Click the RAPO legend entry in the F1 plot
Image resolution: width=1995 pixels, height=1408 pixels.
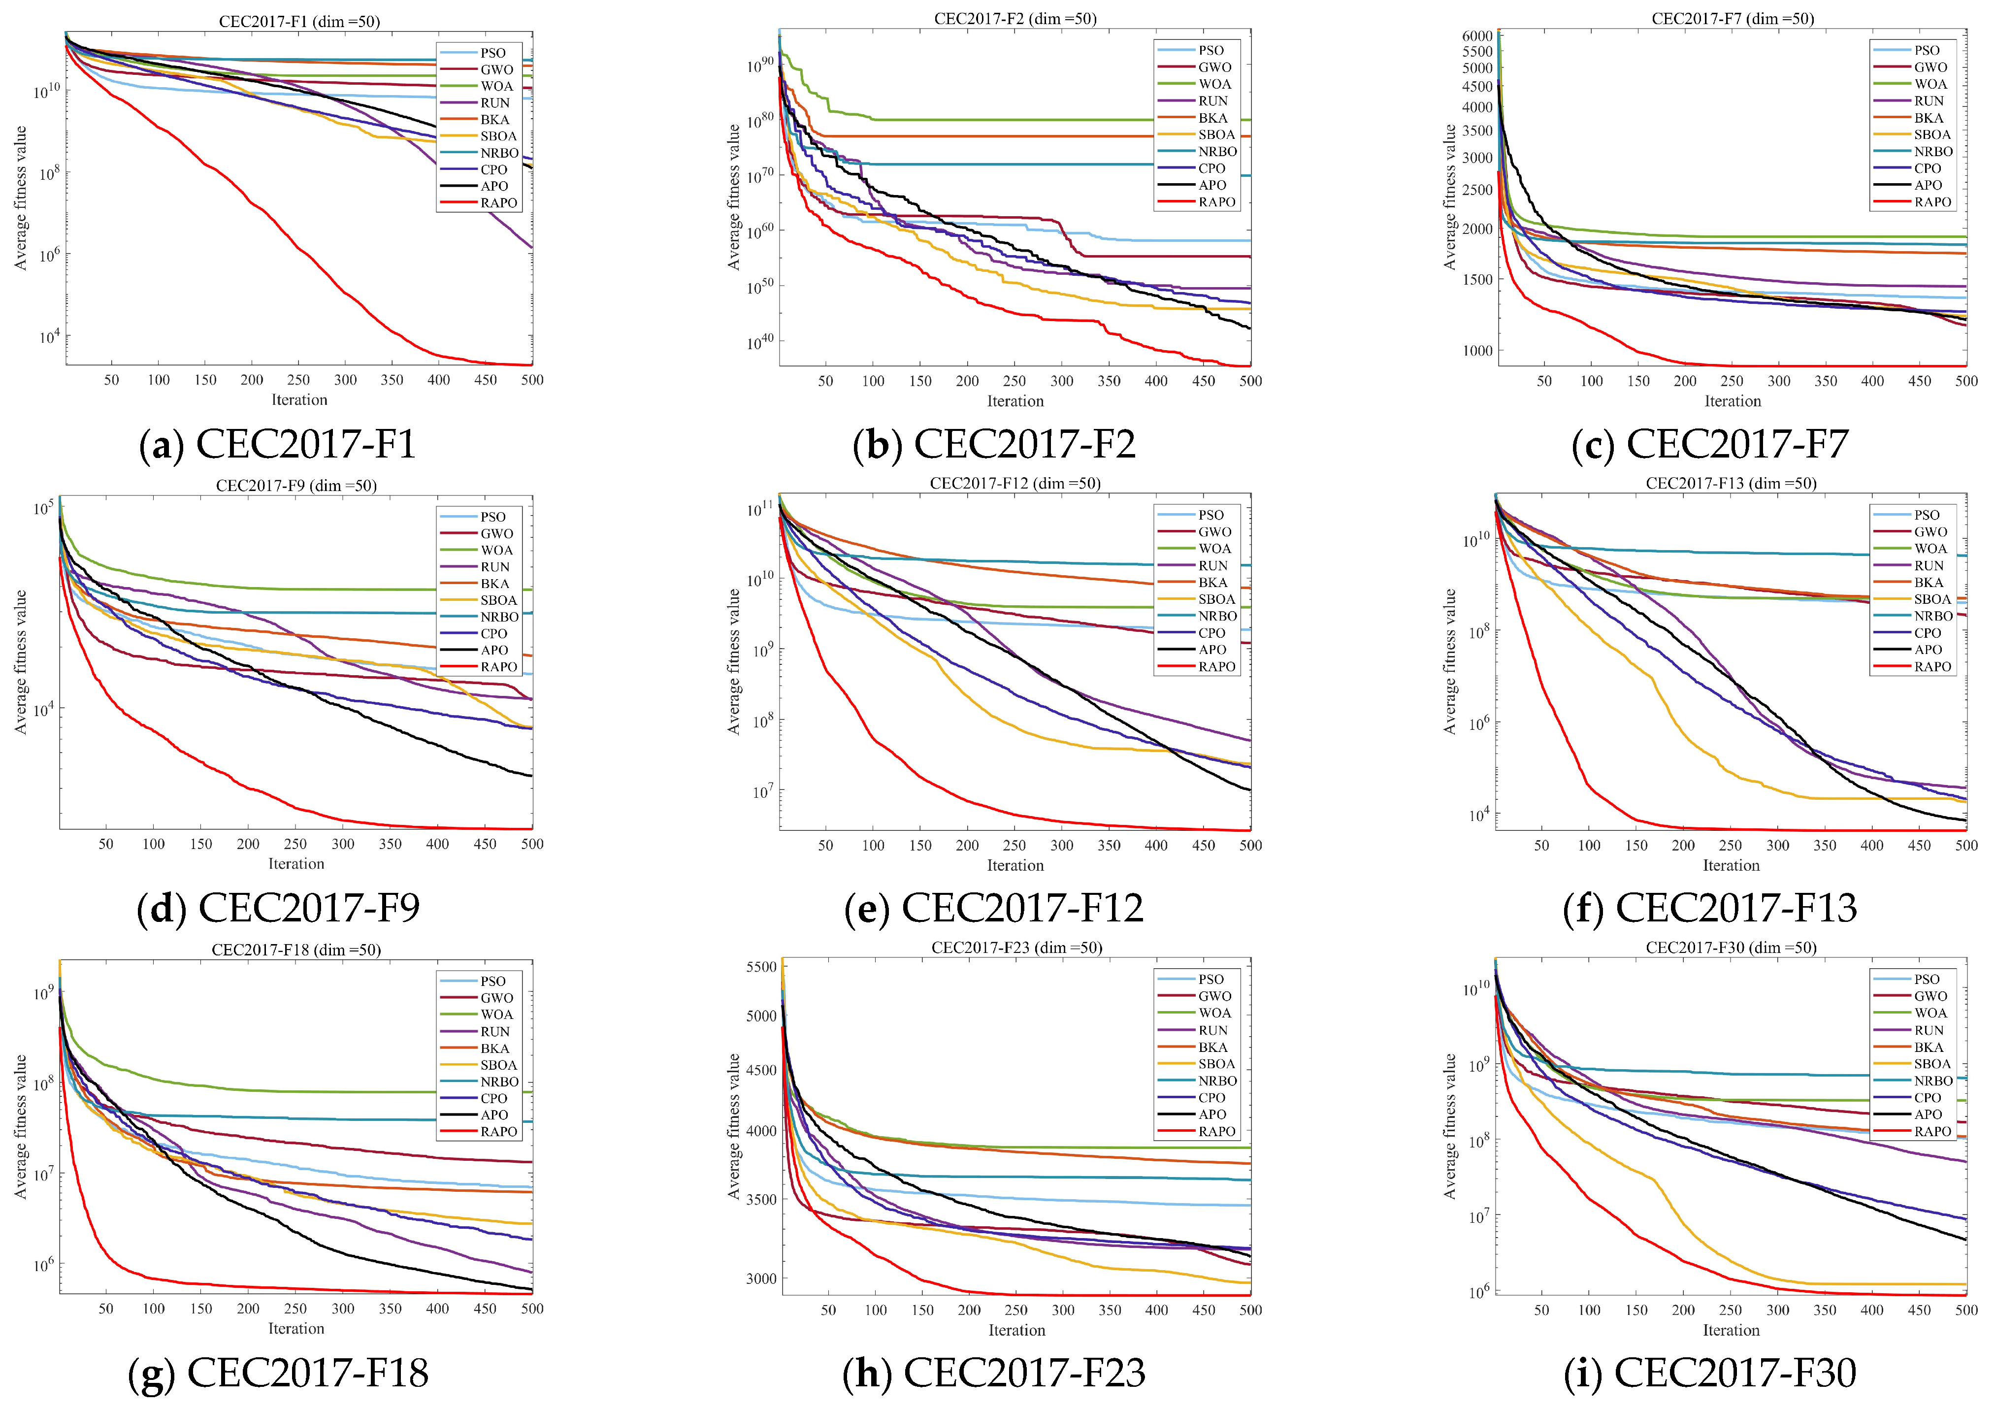click(x=479, y=202)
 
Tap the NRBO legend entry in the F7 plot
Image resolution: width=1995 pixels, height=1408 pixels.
click(x=1914, y=151)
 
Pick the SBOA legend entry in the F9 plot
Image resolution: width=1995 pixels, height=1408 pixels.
click(x=479, y=600)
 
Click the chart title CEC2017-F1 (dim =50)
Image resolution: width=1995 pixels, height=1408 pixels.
click(x=299, y=21)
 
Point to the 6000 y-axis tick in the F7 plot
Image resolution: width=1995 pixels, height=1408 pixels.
click(x=1477, y=35)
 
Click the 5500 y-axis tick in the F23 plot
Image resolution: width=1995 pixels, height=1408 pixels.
click(x=762, y=966)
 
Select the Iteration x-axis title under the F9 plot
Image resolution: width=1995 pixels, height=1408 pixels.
click(x=296, y=864)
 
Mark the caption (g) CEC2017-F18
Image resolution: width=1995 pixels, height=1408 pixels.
click(x=278, y=1373)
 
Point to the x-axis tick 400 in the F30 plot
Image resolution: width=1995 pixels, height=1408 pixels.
click(x=1871, y=1310)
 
